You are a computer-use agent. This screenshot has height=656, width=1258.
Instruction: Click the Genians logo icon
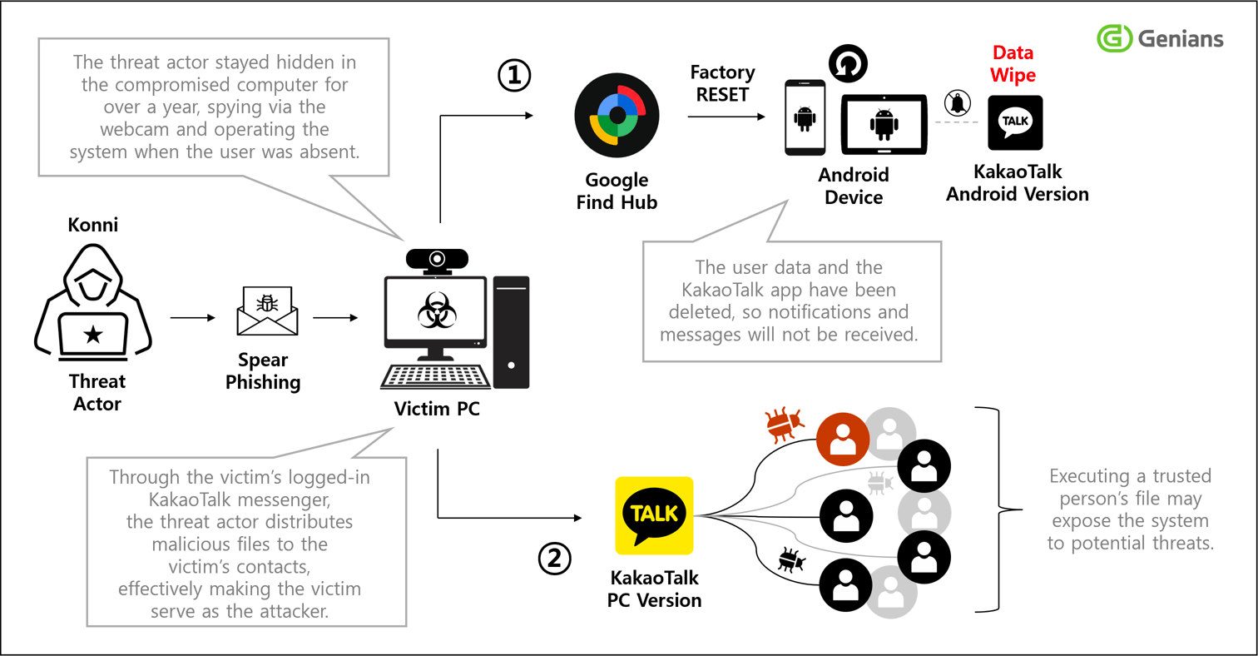(1115, 37)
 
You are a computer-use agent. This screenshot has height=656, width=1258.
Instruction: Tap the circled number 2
(554, 559)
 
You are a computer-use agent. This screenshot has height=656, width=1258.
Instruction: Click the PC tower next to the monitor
(511, 332)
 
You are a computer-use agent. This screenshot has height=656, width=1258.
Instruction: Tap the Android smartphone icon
(805, 117)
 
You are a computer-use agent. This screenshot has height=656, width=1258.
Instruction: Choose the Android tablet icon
(884, 125)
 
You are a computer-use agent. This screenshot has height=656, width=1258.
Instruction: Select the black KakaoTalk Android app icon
(1015, 123)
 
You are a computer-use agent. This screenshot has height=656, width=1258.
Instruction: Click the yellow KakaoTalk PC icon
(654, 515)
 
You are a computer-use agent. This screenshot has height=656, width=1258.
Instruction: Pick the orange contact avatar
(844, 440)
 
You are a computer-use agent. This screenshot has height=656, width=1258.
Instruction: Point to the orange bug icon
(783, 425)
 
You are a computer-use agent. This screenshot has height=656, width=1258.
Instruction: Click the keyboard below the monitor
(433, 376)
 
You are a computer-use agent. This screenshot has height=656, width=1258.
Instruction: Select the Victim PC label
(438, 410)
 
